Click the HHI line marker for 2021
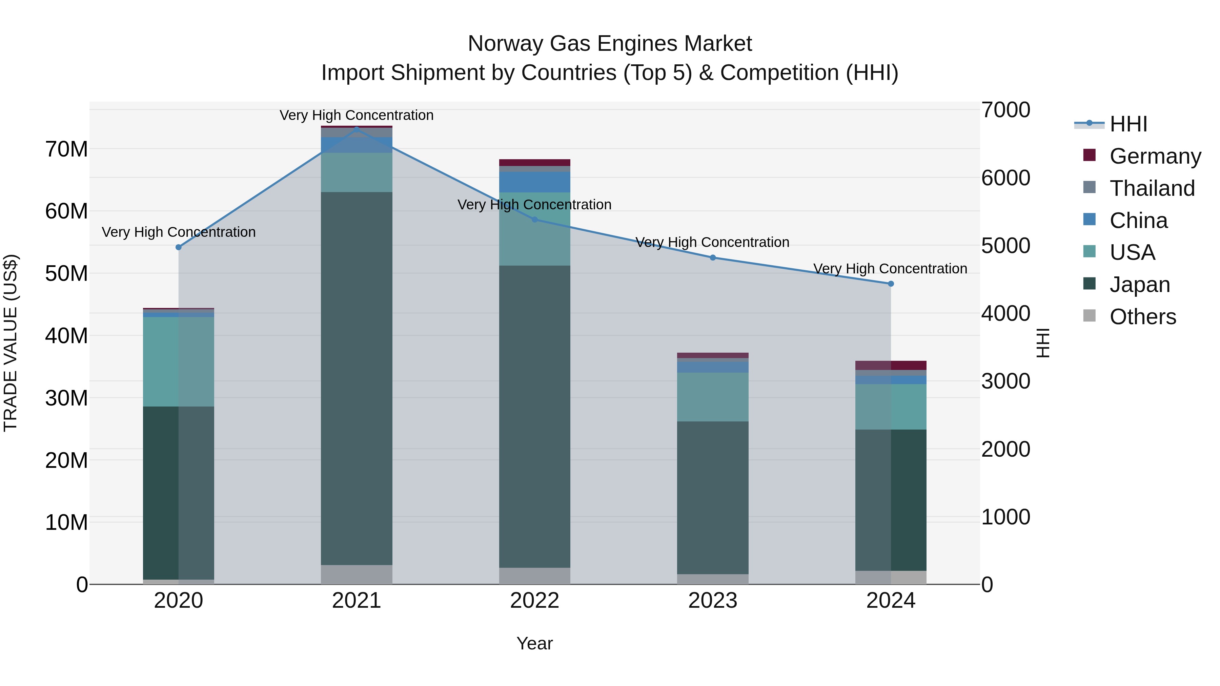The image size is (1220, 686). coord(357,129)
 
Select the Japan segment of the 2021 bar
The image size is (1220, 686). coord(357,379)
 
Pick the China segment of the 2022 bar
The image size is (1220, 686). coord(535,182)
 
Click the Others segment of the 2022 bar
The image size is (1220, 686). coord(535,576)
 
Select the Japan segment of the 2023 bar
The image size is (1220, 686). coord(713,497)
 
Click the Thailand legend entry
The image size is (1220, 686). coord(1152,188)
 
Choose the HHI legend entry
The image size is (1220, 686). coord(1128,124)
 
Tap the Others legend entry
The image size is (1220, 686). coord(1142,317)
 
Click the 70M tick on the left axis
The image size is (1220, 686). coord(66,149)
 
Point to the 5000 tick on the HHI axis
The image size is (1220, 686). coord(1005,246)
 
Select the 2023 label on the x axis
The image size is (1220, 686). coord(713,601)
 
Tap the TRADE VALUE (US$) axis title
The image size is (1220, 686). coord(11,343)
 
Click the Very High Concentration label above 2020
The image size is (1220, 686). coord(179,232)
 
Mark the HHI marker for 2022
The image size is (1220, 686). coord(535,220)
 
